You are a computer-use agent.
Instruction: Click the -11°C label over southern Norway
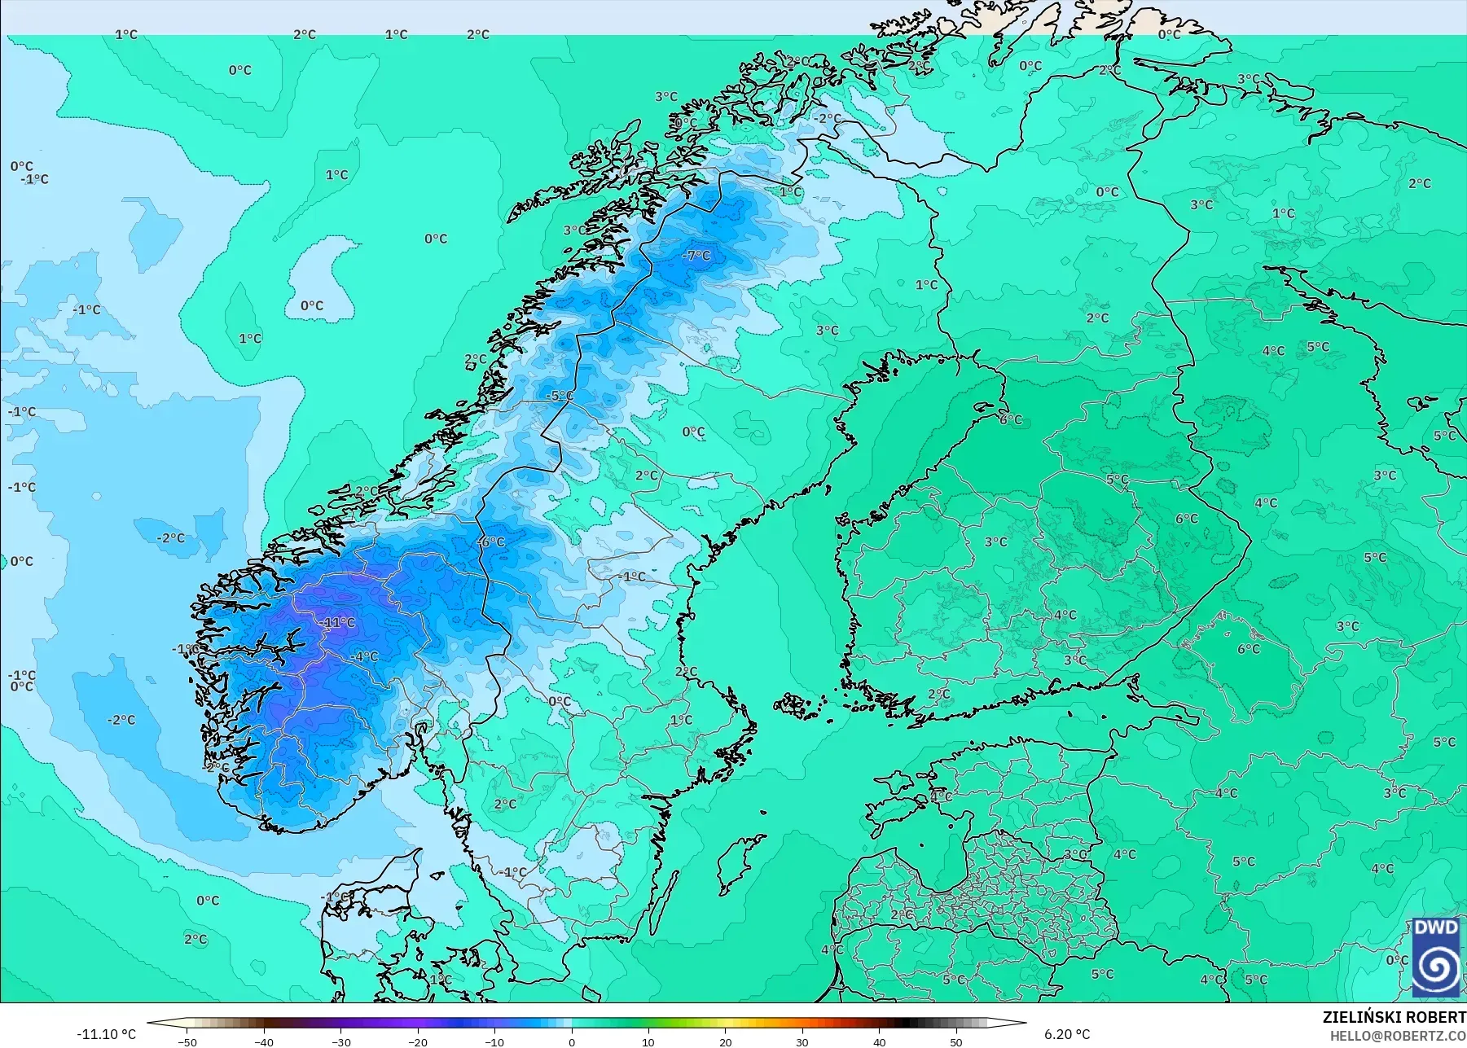pyautogui.click(x=338, y=622)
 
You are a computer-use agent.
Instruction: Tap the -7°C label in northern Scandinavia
pyautogui.click(x=696, y=256)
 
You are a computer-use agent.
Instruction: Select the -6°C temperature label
pyautogui.click(x=491, y=542)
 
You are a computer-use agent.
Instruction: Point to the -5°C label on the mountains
pyautogui.click(x=560, y=396)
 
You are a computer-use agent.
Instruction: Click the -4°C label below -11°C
pyautogui.click(x=364, y=656)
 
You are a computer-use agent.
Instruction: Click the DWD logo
pyautogui.click(x=1436, y=958)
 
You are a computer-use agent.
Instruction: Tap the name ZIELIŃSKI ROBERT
pyautogui.click(x=1394, y=1018)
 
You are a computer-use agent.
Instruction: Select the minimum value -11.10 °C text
pyautogui.click(x=106, y=1034)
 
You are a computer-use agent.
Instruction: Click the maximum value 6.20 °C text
pyautogui.click(x=1066, y=1034)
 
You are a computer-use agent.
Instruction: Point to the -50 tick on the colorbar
pyautogui.click(x=187, y=1041)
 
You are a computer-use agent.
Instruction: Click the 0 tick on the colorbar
pyautogui.click(x=572, y=1041)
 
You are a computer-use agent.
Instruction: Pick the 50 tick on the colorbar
pyautogui.click(x=956, y=1041)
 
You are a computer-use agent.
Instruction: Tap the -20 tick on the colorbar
pyautogui.click(x=418, y=1041)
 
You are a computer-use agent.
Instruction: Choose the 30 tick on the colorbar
pyautogui.click(x=802, y=1041)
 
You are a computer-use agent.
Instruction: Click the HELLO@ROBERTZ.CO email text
pyautogui.click(x=1398, y=1036)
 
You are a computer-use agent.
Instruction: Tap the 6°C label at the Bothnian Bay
pyautogui.click(x=1011, y=419)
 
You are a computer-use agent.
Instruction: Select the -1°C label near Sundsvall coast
pyautogui.click(x=631, y=577)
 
